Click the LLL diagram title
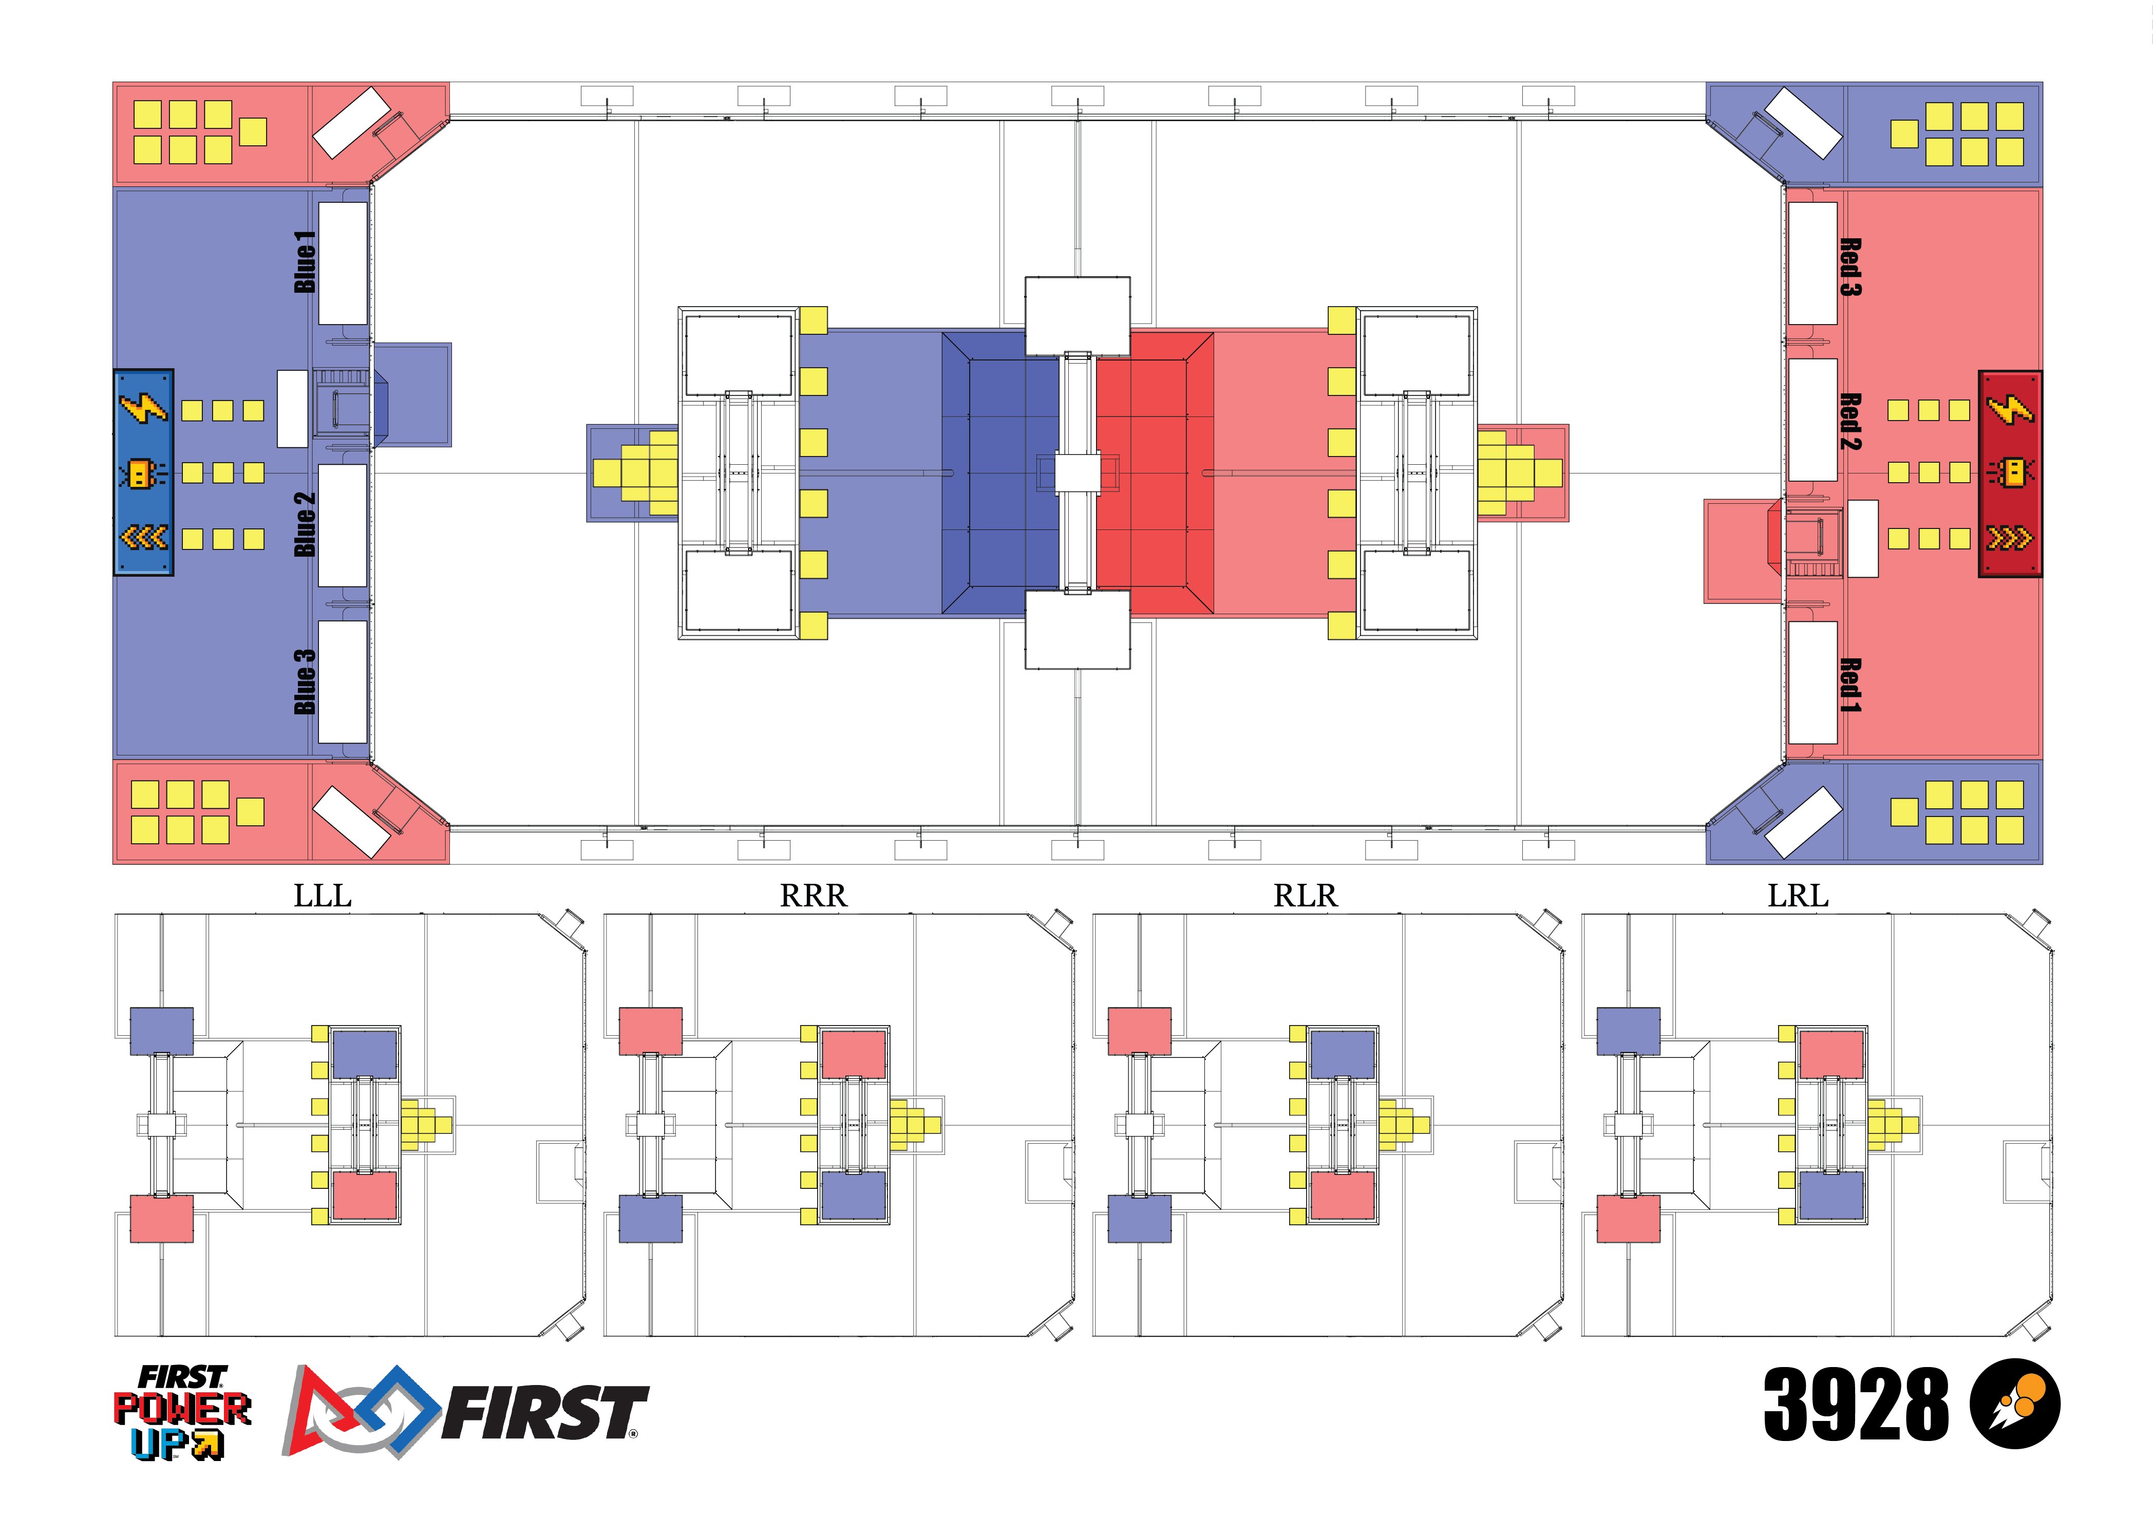point(323,895)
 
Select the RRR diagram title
point(814,895)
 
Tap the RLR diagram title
point(1306,895)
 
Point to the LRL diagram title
point(1798,895)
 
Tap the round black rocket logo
point(2015,1404)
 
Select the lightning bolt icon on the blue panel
point(143,408)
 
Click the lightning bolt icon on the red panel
point(2010,409)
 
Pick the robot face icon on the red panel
point(2010,472)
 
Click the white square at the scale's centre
point(1078,473)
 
